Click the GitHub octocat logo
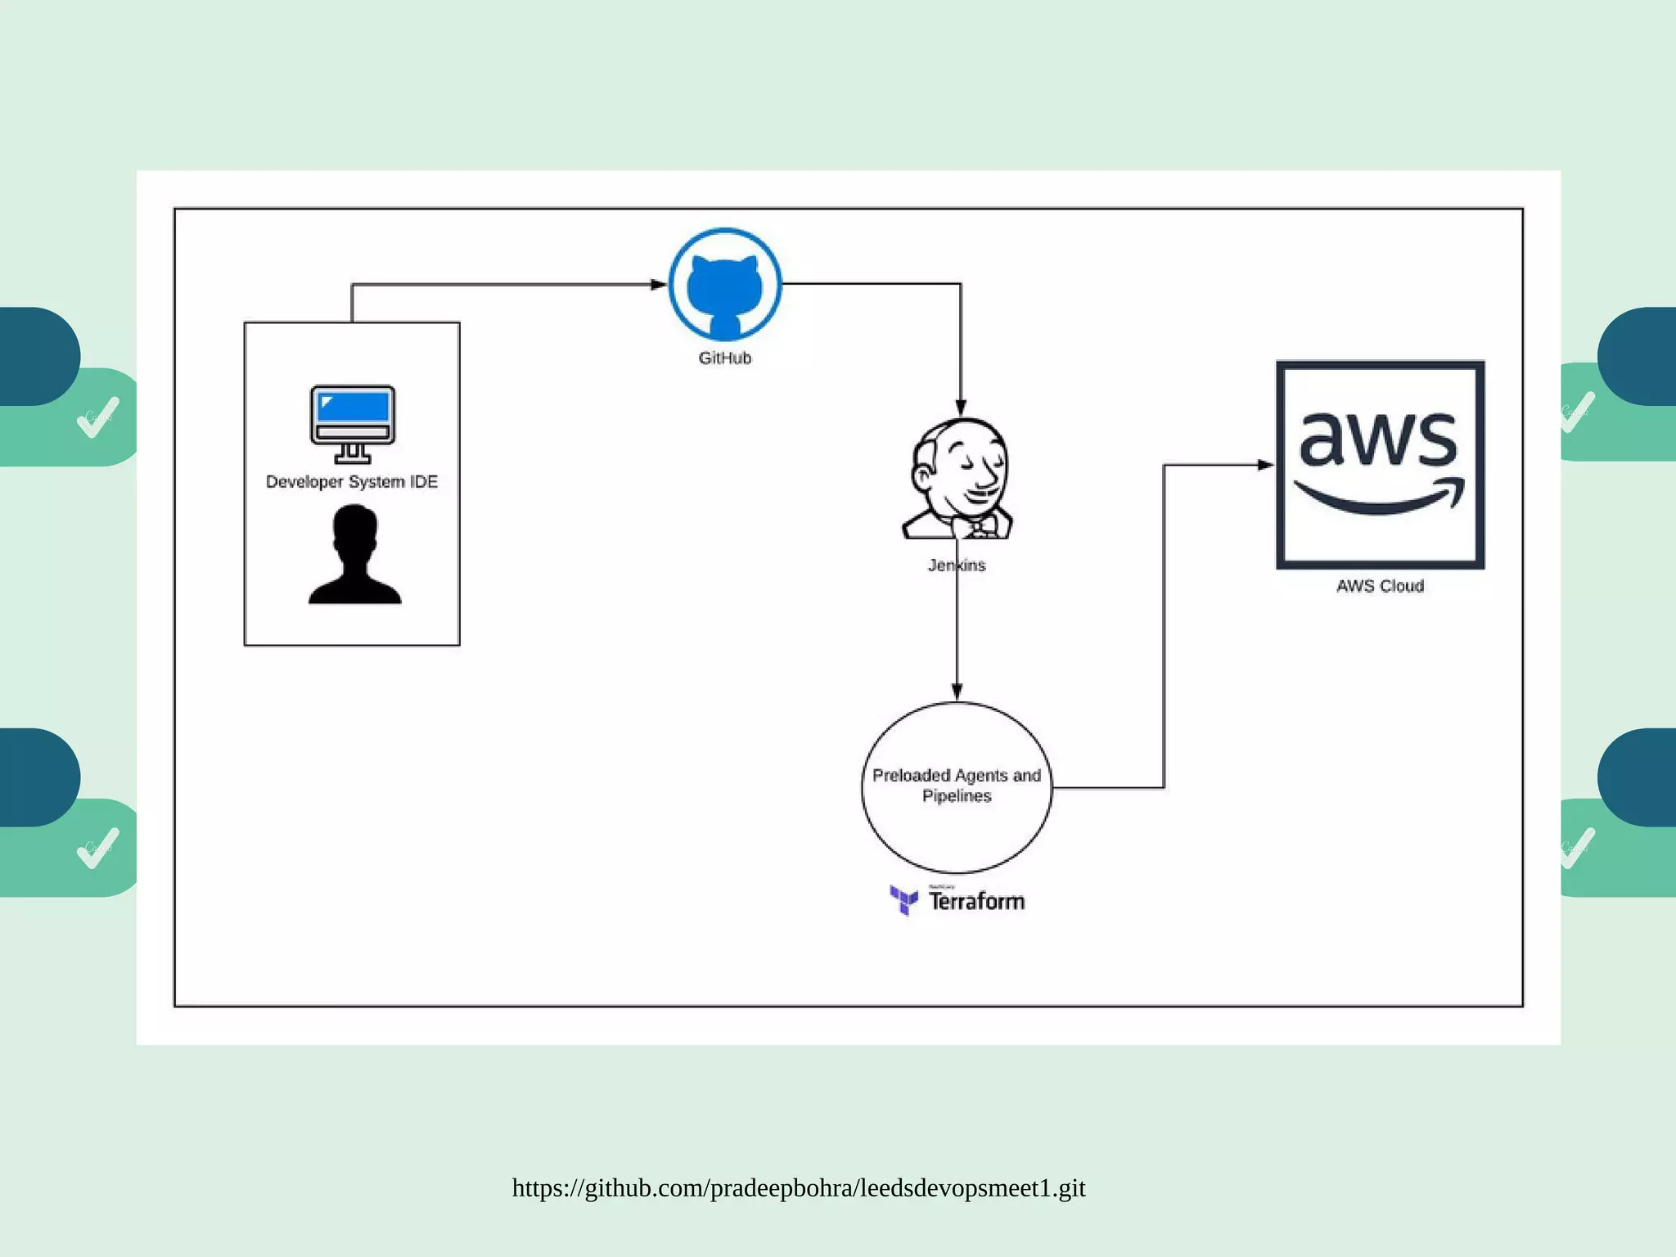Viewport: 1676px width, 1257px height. point(724,285)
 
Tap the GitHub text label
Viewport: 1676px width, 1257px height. point(724,358)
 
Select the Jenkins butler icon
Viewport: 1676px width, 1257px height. point(958,479)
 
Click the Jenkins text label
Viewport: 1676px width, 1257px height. point(957,565)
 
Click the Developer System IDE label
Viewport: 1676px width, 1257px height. point(352,482)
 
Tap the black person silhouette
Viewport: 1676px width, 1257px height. point(355,556)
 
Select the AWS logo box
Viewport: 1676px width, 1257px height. point(1381,464)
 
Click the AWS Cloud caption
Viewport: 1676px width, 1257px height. point(1380,586)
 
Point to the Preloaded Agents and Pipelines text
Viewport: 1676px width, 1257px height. point(956,786)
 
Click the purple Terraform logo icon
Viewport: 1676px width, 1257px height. point(904,899)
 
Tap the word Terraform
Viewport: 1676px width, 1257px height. point(976,902)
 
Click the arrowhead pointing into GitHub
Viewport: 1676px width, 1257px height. point(659,285)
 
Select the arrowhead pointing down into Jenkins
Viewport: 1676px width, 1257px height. point(961,408)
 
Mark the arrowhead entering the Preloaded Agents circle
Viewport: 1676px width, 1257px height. point(957,692)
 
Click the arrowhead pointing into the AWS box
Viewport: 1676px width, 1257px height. point(1265,465)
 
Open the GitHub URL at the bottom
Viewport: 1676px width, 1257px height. point(799,1188)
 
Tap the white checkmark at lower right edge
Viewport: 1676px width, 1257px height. point(1576,847)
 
